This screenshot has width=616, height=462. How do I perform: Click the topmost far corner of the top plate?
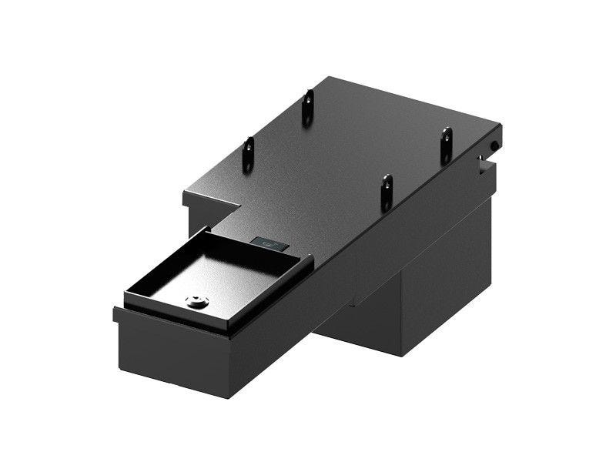[325, 76]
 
